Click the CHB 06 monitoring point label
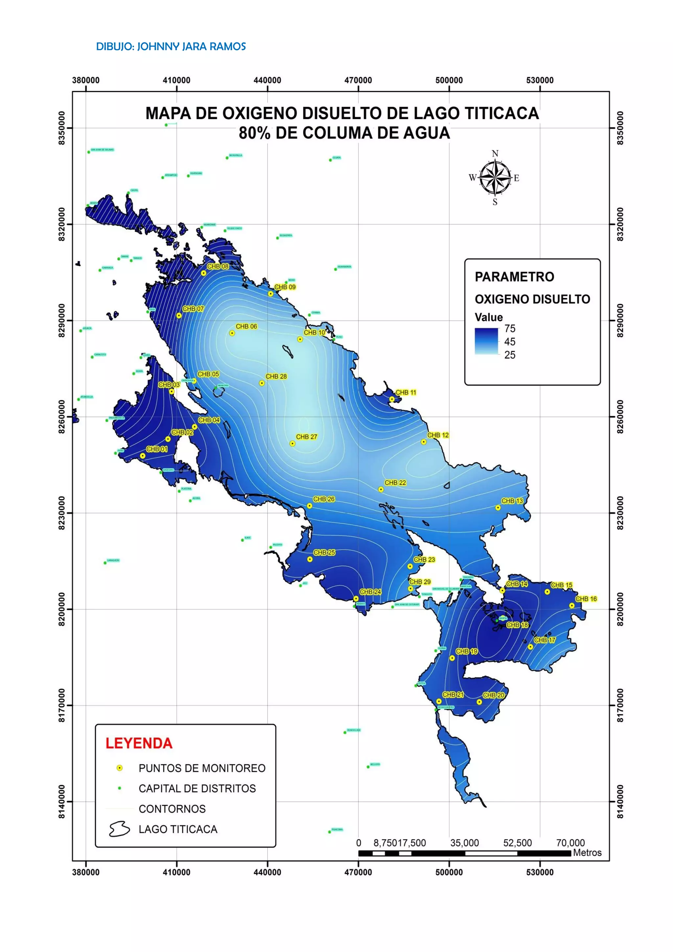246,326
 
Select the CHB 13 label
512,501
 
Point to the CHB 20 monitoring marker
479,702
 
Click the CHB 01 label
157,449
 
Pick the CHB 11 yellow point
392,399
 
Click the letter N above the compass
495,154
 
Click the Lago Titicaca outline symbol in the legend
119,829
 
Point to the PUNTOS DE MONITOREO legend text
202,768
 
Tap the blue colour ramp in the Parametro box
487,341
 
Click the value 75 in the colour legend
510,329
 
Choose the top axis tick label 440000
267,81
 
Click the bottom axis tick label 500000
449,872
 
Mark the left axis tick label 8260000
62,417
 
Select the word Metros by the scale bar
587,853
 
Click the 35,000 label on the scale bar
465,843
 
